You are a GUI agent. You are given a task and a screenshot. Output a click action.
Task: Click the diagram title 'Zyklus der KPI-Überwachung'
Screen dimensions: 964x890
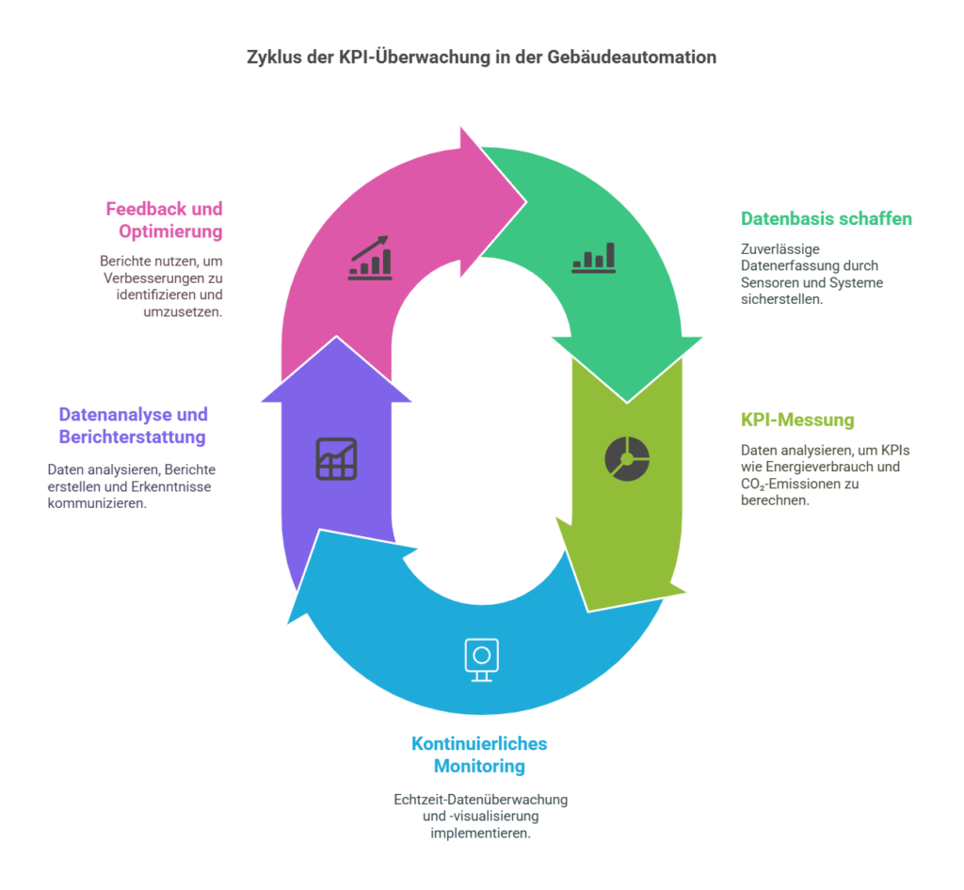click(x=370, y=57)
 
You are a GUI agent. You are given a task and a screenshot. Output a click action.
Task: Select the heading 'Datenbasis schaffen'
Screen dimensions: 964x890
click(x=827, y=218)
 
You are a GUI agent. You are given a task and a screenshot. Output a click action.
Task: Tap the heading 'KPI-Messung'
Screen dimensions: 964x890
click(x=797, y=421)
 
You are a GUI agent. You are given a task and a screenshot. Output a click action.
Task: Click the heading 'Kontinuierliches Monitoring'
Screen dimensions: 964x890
click(x=479, y=755)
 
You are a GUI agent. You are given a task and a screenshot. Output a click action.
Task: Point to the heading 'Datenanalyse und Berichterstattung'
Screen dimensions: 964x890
click(x=133, y=425)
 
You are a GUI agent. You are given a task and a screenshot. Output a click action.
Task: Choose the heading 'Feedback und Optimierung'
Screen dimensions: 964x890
click(x=164, y=220)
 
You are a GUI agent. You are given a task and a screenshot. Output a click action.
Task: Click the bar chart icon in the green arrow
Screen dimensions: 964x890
click(x=593, y=258)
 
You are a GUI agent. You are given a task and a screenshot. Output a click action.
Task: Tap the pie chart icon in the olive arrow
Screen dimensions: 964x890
click(x=627, y=459)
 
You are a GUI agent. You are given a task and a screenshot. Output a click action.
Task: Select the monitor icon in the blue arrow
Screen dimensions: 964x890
click(x=481, y=660)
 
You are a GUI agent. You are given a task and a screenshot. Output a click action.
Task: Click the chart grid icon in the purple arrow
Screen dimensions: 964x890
click(x=336, y=459)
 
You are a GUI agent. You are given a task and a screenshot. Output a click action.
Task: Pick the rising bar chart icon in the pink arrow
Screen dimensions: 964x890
click(x=370, y=258)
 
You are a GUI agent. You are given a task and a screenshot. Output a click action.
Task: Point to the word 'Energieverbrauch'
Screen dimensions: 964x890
click(x=819, y=467)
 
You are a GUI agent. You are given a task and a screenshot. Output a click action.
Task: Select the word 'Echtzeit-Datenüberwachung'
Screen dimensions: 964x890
click(x=481, y=800)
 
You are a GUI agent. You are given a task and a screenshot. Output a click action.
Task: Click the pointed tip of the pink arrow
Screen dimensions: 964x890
click(x=526, y=200)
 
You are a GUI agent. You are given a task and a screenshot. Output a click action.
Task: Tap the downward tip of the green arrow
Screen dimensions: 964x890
click(x=627, y=403)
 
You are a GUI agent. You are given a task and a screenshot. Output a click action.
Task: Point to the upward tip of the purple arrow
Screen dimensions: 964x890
click(x=336, y=336)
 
